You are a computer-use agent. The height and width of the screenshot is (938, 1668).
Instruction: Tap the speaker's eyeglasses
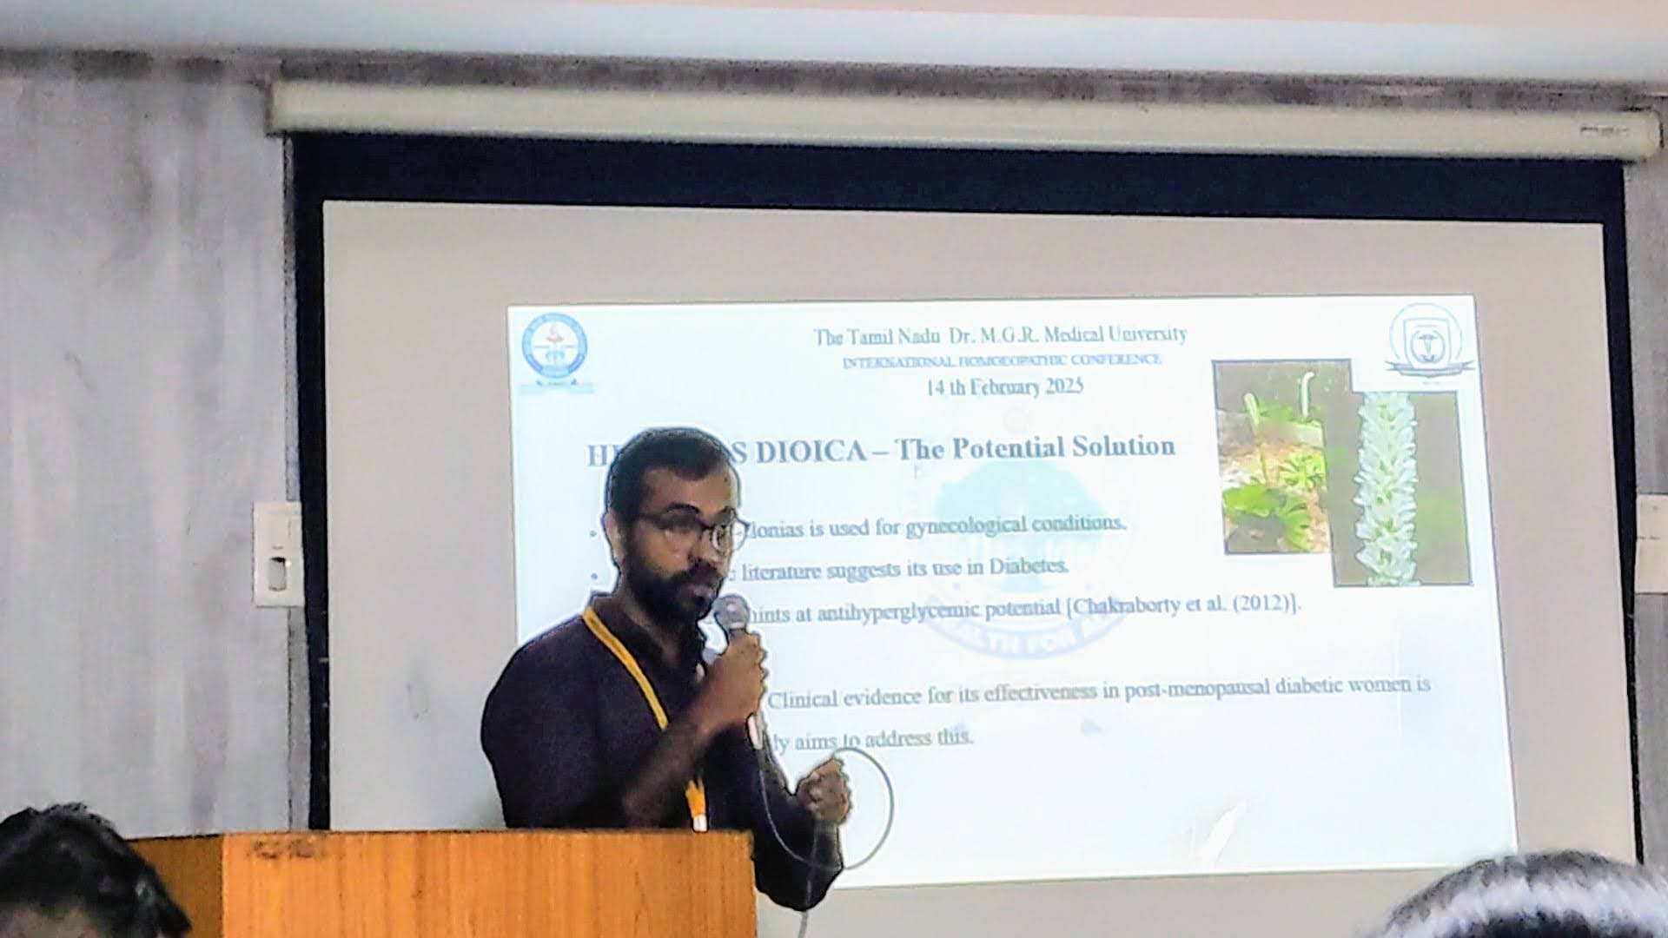(x=691, y=531)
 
